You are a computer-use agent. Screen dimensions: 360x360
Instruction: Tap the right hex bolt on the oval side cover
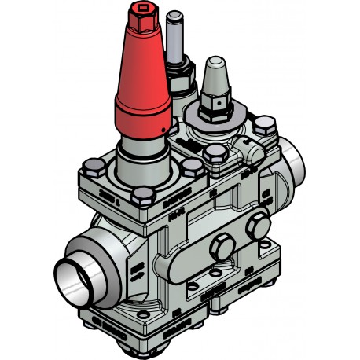point(255,228)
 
